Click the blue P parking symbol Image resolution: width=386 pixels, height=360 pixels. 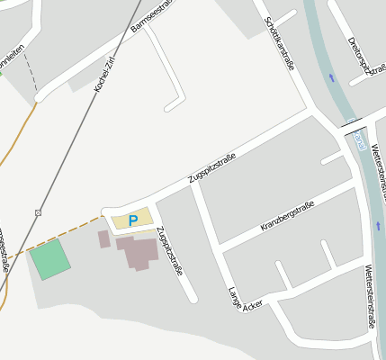coord(133,220)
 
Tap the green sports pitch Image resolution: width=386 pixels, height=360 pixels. coord(49,259)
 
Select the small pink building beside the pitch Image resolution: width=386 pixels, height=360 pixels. coord(103,238)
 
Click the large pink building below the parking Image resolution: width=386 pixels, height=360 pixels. coord(139,251)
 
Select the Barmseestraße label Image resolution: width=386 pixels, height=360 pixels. coord(152,15)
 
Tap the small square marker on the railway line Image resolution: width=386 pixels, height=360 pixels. coord(38,212)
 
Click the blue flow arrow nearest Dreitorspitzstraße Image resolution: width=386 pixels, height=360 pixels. coord(331,78)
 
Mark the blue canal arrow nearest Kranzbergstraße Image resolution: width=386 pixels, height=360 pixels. coord(378,225)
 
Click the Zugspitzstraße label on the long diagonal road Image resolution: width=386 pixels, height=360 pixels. coord(211,170)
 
